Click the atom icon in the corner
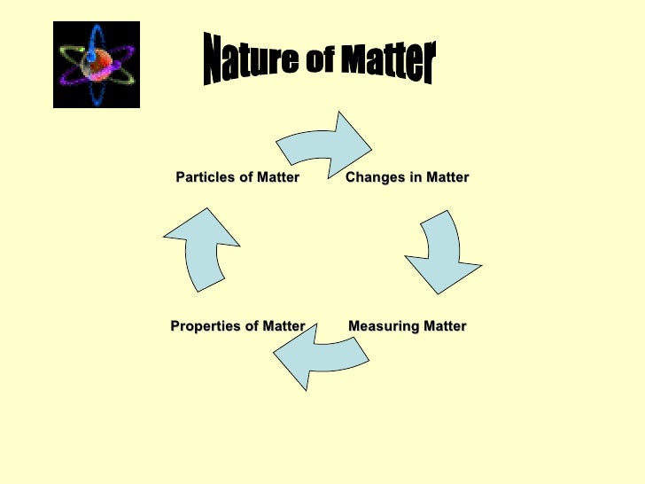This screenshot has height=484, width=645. (x=97, y=65)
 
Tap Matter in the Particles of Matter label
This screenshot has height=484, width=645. (x=277, y=177)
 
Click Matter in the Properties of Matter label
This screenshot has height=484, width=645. (x=283, y=326)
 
